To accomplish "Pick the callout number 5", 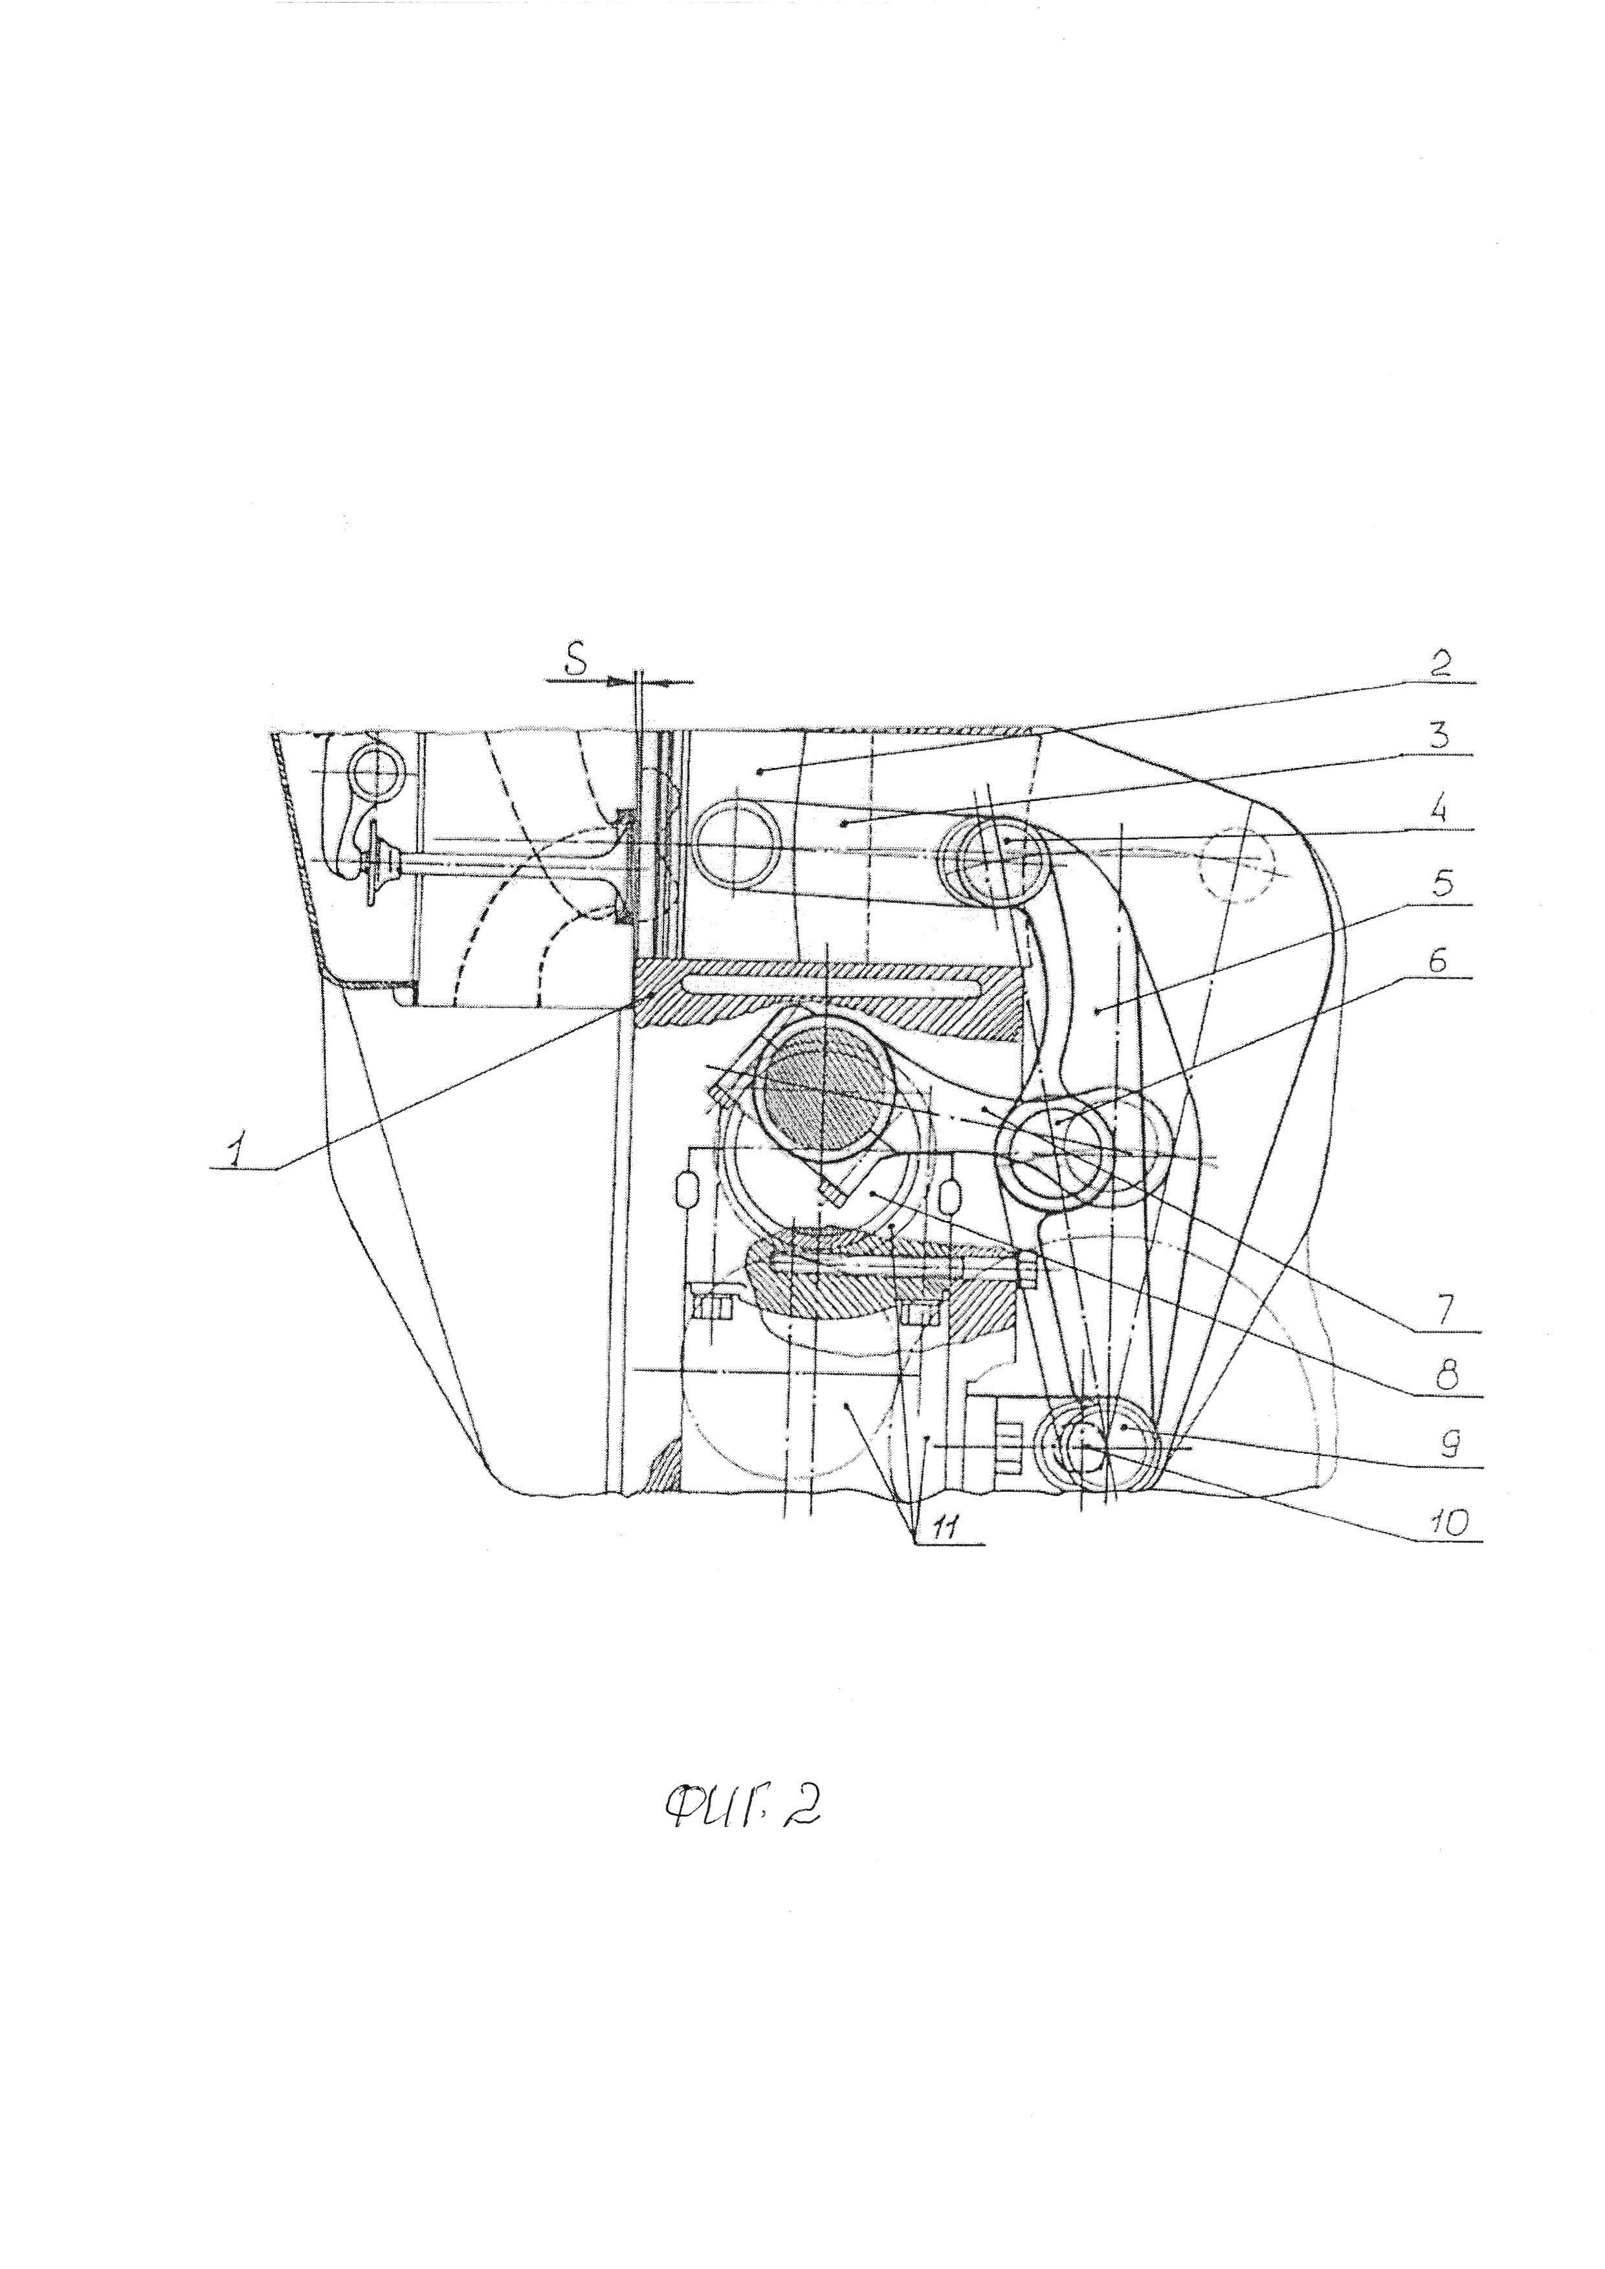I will pos(1444,884).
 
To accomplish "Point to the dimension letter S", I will pos(575,663).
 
